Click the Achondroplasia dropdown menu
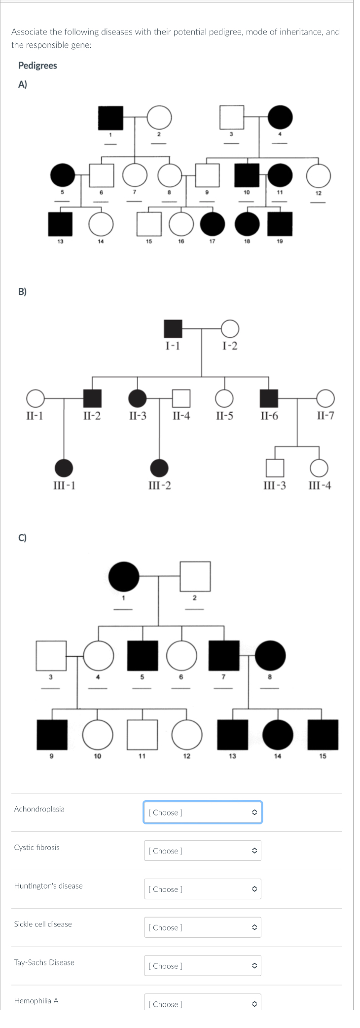(202, 812)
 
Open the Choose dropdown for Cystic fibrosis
(202, 851)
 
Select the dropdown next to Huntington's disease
(202, 889)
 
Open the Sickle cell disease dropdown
(202, 927)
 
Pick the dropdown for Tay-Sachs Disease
(202, 966)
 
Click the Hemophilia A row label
(36, 1000)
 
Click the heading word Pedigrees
(37, 66)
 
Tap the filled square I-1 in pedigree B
(173, 328)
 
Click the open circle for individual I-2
(230, 328)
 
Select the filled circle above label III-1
(64, 468)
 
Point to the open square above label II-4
(181, 398)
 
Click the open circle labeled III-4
(319, 468)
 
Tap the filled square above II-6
(269, 398)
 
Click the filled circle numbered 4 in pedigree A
(280, 117)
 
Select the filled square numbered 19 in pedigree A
(280, 224)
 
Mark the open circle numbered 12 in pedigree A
(319, 176)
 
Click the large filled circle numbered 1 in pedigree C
(124, 576)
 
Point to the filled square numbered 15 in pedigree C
(323, 735)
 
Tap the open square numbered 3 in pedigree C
(51, 656)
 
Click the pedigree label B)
(23, 291)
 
